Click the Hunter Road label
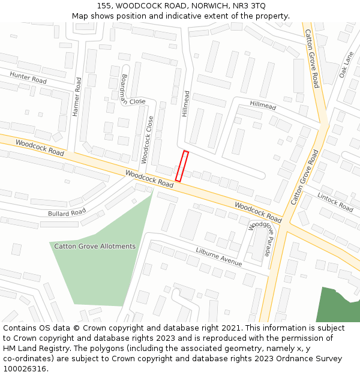(28, 77)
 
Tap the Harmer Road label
(76, 96)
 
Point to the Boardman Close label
(128, 89)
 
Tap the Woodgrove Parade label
(260, 239)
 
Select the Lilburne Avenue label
(219, 257)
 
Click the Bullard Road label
(67, 212)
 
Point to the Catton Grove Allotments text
(95, 246)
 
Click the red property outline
(182, 166)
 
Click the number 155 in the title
(104, 5)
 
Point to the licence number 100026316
(25, 369)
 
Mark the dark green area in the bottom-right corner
(338, 306)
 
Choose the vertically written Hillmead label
(185, 103)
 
